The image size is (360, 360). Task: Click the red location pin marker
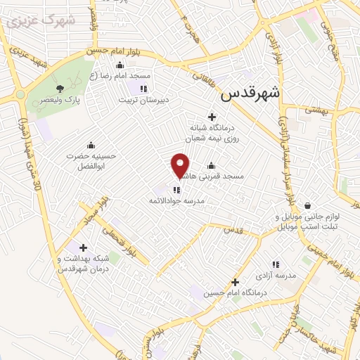point(180,166)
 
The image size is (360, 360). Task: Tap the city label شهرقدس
point(250,93)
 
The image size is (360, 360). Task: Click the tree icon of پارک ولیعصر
point(59,89)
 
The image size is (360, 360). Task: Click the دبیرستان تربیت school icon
point(143,89)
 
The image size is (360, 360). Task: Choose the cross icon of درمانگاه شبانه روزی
point(211,116)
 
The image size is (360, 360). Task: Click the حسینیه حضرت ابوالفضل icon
point(90,144)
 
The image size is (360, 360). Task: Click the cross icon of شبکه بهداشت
point(84,247)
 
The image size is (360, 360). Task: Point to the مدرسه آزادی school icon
point(276,264)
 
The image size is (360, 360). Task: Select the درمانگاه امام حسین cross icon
point(235,281)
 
